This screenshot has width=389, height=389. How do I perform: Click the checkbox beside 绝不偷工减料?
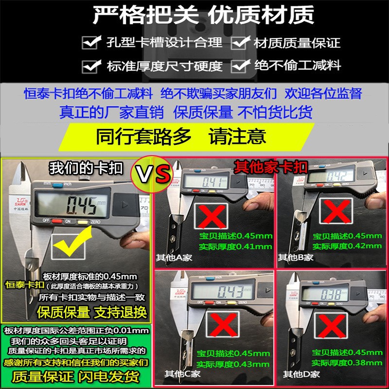[x=241, y=65]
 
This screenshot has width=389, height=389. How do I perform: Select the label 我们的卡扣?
[x=86, y=168]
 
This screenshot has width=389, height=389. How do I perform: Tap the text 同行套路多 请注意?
[x=181, y=136]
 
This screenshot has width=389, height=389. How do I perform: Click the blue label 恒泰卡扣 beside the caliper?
[x=25, y=285]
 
